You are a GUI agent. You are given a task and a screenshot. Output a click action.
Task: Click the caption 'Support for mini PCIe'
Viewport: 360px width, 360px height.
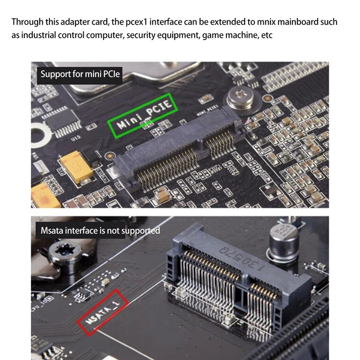(x=80, y=73)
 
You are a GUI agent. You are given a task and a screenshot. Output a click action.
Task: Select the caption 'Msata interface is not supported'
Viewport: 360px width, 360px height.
(x=100, y=230)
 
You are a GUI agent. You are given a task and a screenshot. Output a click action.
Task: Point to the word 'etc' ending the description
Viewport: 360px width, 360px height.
(x=267, y=35)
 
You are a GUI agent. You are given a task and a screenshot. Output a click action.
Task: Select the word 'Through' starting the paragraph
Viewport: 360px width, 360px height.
(x=26, y=22)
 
